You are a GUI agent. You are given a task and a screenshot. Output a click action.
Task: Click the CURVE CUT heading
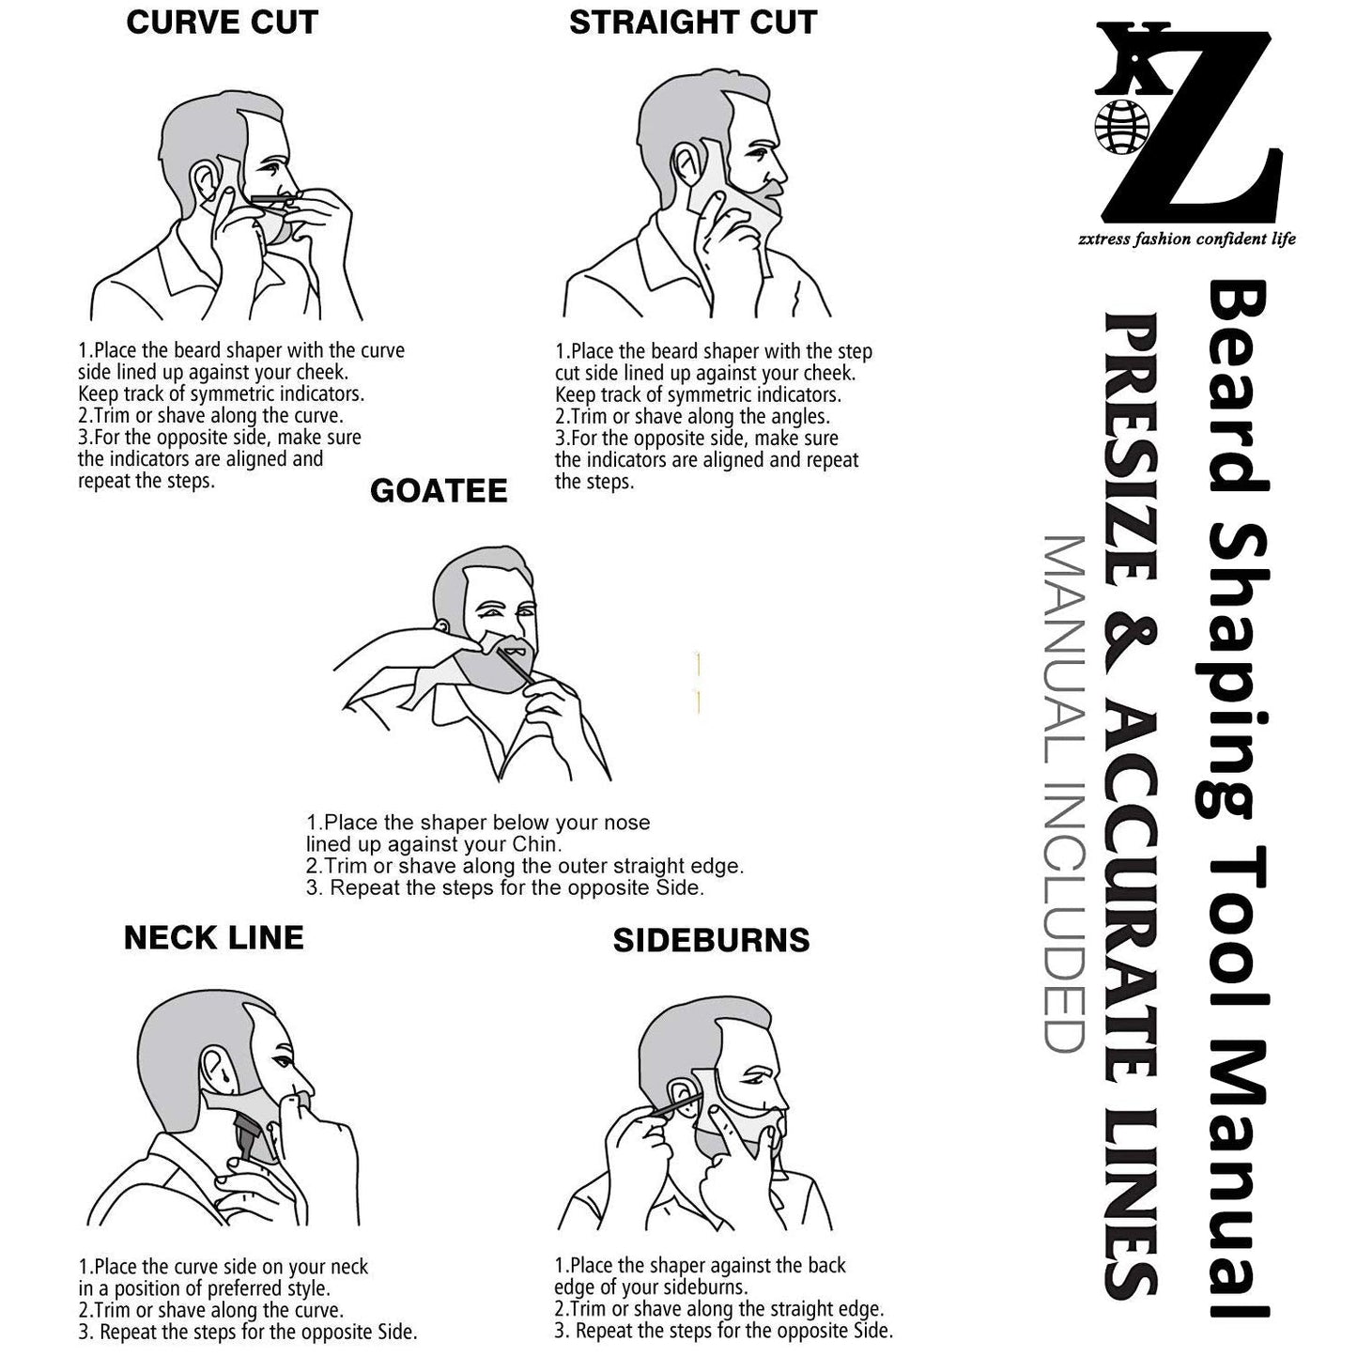[x=223, y=23]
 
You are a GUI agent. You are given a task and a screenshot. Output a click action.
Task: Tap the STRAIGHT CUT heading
[x=693, y=23]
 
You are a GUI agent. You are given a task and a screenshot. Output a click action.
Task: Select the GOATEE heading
[x=439, y=491]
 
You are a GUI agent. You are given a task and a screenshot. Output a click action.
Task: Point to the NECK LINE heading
[x=214, y=937]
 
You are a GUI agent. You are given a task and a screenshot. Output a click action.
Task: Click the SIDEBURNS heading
[x=711, y=941]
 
